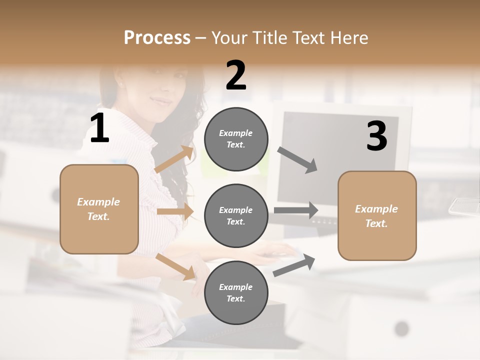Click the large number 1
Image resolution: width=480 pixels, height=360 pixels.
tap(99, 128)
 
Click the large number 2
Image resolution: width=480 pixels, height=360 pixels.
tap(236, 75)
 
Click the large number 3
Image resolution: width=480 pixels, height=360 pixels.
tap(376, 136)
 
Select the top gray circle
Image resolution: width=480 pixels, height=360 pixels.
tap(236, 139)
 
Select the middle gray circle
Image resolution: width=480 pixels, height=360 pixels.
tap(236, 215)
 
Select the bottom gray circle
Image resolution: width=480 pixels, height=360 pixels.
tap(236, 292)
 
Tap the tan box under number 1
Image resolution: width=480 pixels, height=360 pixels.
tap(99, 209)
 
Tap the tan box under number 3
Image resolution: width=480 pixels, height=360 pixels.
tap(377, 215)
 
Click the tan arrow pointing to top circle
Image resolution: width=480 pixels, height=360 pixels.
tap(174, 159)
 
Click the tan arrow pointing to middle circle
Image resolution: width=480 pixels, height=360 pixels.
tap(175, 211)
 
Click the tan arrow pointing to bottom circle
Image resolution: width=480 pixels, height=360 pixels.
tap(175, 266)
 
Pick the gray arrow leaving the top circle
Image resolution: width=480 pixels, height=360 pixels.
tap(297, 159)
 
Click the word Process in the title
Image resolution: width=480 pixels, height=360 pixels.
tap(157, 37)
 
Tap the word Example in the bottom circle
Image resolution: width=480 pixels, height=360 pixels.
tap(236, 287)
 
